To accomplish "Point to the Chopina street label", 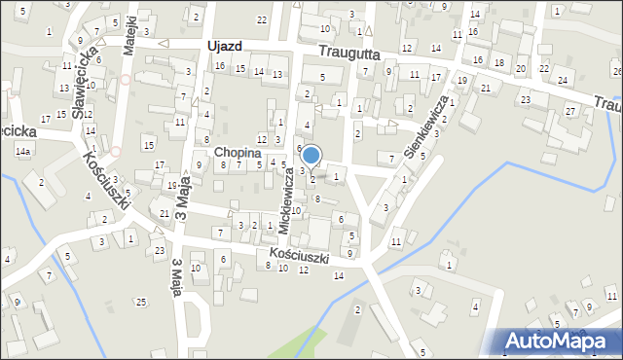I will point(238,153).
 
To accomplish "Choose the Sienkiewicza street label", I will point(426,126).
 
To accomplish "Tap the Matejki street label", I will point(128,37).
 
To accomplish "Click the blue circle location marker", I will point(311,155).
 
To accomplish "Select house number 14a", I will point(22,152).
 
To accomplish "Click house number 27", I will point(569,111).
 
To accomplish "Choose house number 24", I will point(562,80).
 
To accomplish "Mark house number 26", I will point(617,72).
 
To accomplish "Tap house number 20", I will point(520,68).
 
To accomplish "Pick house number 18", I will point(498,62).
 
